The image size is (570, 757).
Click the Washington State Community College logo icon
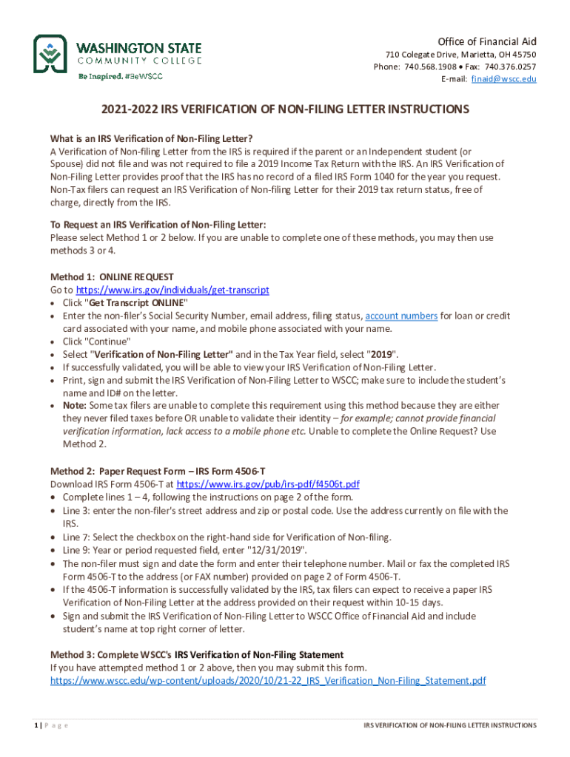[x=52, y=55]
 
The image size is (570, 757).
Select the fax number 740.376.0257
[x=510, y=67]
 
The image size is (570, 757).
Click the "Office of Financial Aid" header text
[x=486, y=41]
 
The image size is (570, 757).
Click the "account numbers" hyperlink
[x=401, y=316]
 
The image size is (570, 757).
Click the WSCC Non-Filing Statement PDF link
[x=268, y=680]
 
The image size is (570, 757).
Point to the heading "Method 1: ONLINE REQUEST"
[x=112, y=277]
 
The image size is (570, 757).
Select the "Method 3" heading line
[x=196, y=655]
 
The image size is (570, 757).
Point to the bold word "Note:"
[x=76, y=406]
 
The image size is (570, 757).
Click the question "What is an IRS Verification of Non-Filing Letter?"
[x=151, y=138]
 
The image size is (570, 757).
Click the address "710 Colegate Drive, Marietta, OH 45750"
[x=460, y=55]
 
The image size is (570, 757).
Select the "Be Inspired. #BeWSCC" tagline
[x=121, y=76]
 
